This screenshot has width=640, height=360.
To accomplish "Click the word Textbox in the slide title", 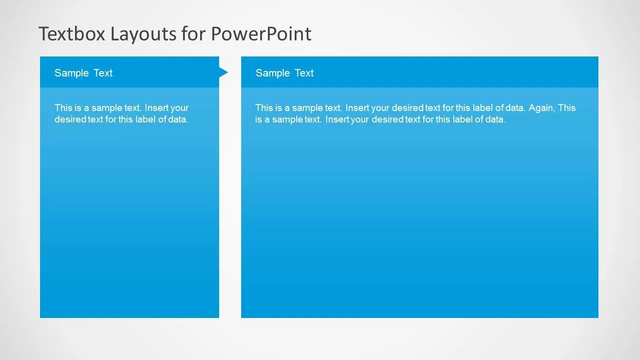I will point(72,34).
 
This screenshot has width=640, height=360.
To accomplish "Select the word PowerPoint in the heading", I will point(261,34).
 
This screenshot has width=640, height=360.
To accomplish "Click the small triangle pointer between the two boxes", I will point(223,72).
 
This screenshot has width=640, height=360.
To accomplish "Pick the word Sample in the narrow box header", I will point(72,73).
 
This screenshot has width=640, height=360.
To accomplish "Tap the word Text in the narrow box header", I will point(103,73).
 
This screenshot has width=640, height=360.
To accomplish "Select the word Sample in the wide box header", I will point(273,73).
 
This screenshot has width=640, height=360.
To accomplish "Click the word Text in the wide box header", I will point(304,73).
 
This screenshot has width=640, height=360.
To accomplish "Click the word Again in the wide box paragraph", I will point(541,108).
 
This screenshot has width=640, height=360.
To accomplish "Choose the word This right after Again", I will point(567,108).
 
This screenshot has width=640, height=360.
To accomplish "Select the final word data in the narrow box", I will point(178,119).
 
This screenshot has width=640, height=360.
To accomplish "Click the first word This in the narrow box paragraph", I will point(64,108).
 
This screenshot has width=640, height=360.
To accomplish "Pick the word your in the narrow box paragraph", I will point(180,108).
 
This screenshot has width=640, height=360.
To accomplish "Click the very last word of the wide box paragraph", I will point(495,119).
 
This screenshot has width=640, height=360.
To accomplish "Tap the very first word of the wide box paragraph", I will point(264,108).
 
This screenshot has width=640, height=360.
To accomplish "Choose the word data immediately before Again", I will point(515,108).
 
